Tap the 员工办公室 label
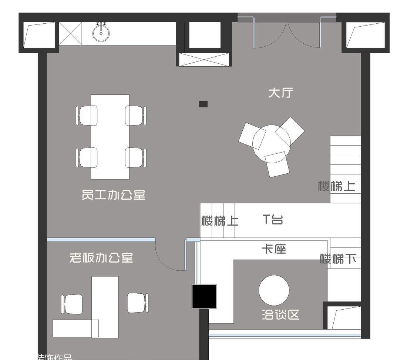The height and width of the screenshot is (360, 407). click(x=113, y=195)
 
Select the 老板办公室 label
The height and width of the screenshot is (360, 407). click(x=101, y=258)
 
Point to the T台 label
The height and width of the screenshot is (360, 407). click(x=273, y=220)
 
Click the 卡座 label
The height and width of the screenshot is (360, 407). click(x=274, y=250)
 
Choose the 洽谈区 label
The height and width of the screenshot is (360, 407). click(x=280, y=315)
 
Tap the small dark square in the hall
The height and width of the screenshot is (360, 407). click(x=203, y=104)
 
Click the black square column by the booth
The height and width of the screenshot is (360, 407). click(x=204, y=296)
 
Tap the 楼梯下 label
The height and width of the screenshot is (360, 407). click(x=338, y=259)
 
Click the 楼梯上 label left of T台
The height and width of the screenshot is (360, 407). click(x=220, y=221)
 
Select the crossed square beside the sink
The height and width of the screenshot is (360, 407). click(x=70, y=34)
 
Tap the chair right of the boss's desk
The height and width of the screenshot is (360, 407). click(x=138, y=303)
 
